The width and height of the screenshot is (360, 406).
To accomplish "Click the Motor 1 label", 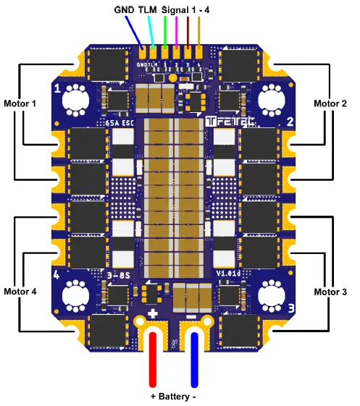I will pyautogui.click(x=22, y=103).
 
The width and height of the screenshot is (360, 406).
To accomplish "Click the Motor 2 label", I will pyautogui.click(x=330, y=103).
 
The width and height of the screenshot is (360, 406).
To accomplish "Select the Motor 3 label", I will pyautogui.click(x=330, y=292).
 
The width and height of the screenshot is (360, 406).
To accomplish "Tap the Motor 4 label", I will pyautogui.click(x=22, y=292).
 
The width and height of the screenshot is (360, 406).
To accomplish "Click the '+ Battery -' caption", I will pyautogui.click(x=175, y=397).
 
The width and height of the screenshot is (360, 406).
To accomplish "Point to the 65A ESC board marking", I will pyautogui.click(x=119, y=124).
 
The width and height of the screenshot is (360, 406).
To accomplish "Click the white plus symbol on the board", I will pyautogui.click(x=153, y=314).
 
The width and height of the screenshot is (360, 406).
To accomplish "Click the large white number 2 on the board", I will pyautogui.click(x=289, y=122).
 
